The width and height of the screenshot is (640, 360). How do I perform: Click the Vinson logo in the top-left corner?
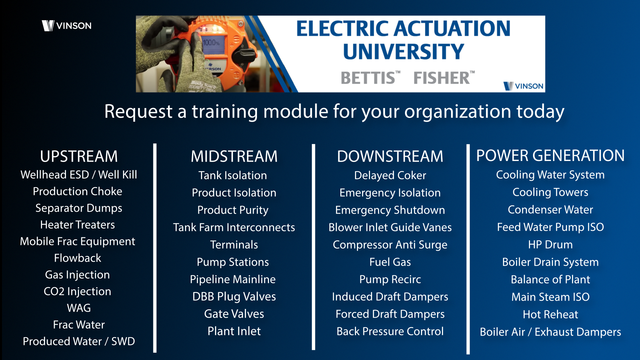coord(67,26)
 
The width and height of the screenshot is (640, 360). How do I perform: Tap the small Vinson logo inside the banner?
coord(523,86)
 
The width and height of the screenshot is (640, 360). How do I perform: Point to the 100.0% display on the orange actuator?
coord(211,43)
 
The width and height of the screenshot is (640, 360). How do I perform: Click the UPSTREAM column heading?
coord(79,156)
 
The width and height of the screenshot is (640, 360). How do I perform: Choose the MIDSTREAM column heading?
coord(234,156)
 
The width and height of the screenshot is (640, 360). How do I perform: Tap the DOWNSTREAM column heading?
coord(390,156)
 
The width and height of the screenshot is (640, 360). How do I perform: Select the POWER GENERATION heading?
coord(550,156)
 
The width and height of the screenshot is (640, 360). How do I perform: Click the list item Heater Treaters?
coord(78,225)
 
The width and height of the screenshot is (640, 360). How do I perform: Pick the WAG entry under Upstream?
coord(79,308)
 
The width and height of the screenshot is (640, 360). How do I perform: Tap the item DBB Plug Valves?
coord(234,297)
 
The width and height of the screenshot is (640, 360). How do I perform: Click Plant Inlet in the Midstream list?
coord(234,331)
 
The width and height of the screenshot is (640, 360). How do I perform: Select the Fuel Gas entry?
coord(390,262)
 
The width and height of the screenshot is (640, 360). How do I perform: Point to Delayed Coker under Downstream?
coord(390,176)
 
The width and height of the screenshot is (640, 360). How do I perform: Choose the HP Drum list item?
coord(550,245)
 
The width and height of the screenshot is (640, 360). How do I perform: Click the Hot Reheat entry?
coord(550,314)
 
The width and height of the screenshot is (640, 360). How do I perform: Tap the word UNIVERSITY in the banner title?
coord(403,51)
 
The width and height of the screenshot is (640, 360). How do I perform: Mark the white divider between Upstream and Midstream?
coord(155,248)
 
